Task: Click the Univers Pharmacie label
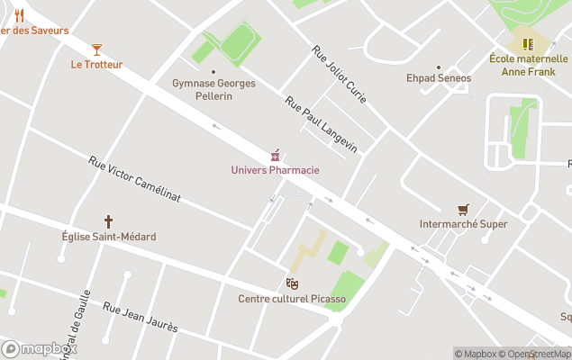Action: pyautogui.click(x=275, y=170)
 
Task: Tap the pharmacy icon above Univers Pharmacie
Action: pyautogui.click(x=276, y=155)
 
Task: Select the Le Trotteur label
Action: pyautogui.click(x=96, y=64)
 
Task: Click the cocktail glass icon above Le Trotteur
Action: pyautogui.click(x=96, y=49)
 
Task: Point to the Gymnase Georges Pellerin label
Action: pyautogui.click(x=213, y=89)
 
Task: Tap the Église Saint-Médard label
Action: pyautogui.click(x=108, y=237)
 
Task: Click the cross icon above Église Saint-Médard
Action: pyautogui.click(x=108, y=220)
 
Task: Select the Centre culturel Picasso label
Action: pyautogui.click(x=292, y=299)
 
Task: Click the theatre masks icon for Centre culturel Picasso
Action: pyautogui.click(x=292, y=283)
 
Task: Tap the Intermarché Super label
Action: pyautogui.click(x=463, y=224)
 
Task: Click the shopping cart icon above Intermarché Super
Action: pyautogui.click(x=463, y=209)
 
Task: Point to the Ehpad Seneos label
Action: pyautogui.click(x=439, y=78)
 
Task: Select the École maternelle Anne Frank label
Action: pyautogui.click(x=528, y=65)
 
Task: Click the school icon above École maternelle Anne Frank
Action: pyautogui.click(x=528, y=42)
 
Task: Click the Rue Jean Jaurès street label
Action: pyautogui.click(x=140, y=318)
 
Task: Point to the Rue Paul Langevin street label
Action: pyautogui.click(x=321, y=124)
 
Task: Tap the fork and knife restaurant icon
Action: pyautogui.click(x=19, y=15)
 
